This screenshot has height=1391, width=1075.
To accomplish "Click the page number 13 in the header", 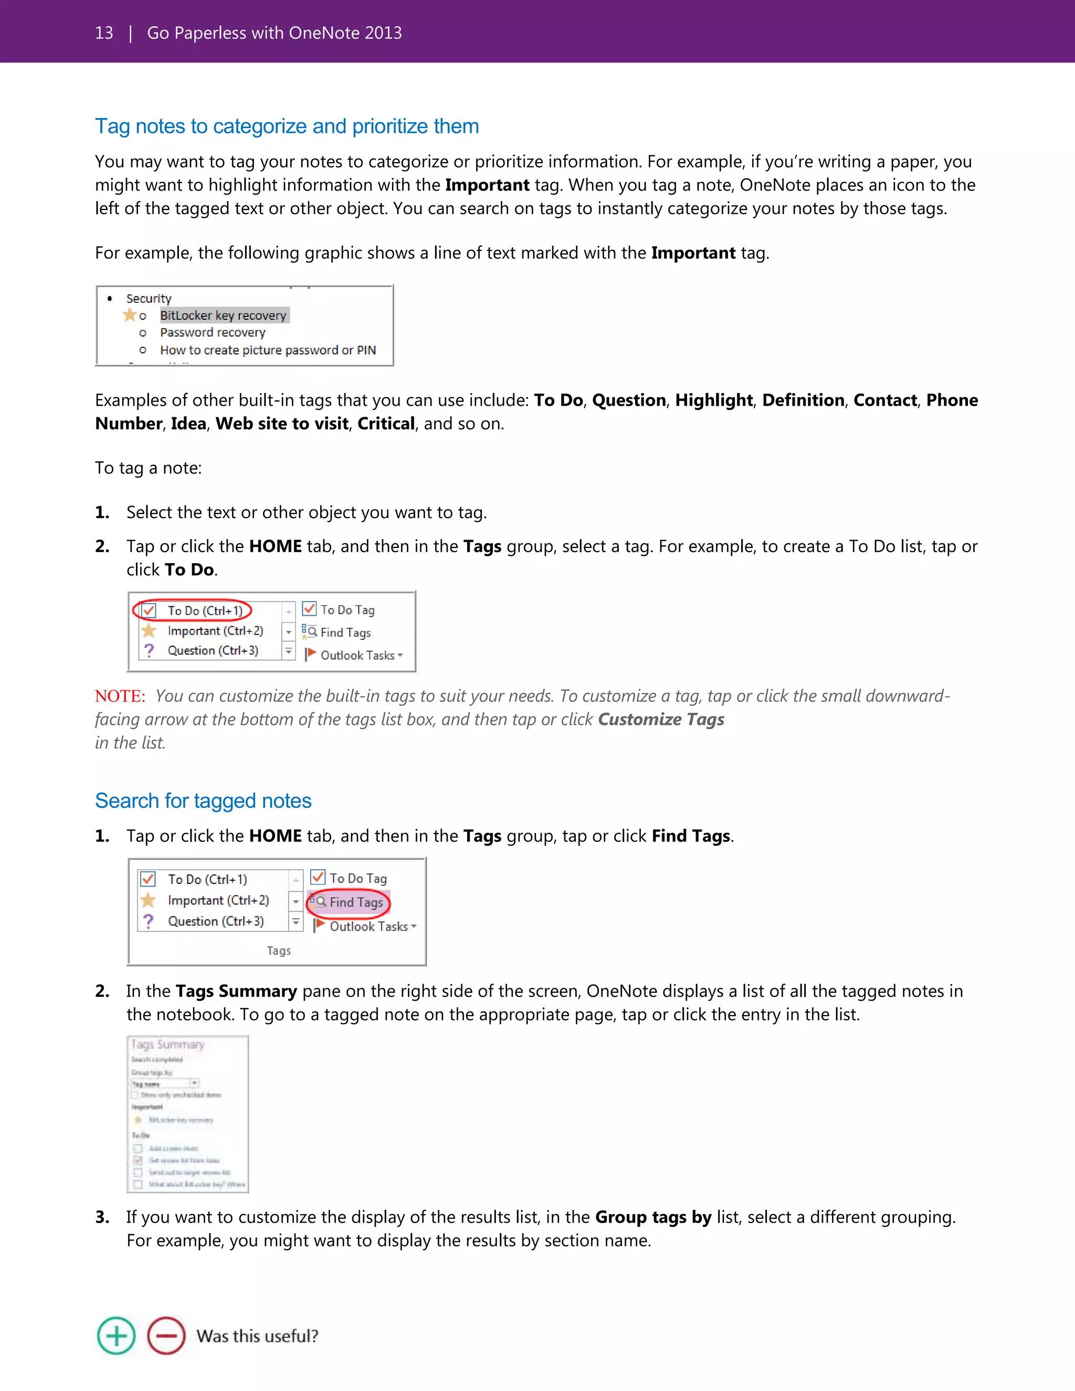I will click(x=104, y=33).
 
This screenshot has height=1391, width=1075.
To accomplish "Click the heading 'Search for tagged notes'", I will click(x=203, y=800).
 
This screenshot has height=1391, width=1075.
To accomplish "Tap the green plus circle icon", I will click(x=116, y=1335).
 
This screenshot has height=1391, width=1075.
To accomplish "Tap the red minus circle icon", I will click(x=166, y=1335).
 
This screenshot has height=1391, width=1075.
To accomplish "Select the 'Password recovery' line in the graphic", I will click(x=213, y=332).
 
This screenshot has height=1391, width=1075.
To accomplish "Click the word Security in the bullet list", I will click(x=149, y=298).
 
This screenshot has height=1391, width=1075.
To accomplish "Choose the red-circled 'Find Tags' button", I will click(x=355, y=902).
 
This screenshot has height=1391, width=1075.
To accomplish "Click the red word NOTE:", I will click(x=120, y=696).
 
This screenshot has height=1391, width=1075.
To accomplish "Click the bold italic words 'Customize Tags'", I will click(x=661, y=719).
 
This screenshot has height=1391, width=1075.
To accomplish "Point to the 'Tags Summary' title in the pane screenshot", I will click(x=167, y=1045).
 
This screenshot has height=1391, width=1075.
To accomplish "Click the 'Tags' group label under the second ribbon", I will click(x=278, y=950).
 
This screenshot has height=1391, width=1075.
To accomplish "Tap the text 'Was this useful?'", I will click(x=257, y=1335).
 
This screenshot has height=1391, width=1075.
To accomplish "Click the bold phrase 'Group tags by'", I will click(x=653, y=1217).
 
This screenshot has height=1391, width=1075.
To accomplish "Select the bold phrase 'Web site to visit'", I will click(x=281, y=424).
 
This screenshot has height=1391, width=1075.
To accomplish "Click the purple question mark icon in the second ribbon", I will click(x=149, y=921).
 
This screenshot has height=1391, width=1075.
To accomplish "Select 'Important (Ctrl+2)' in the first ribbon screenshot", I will click(x=215, y=630).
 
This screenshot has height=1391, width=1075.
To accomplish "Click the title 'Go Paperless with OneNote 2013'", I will click(x=275, y=33).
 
